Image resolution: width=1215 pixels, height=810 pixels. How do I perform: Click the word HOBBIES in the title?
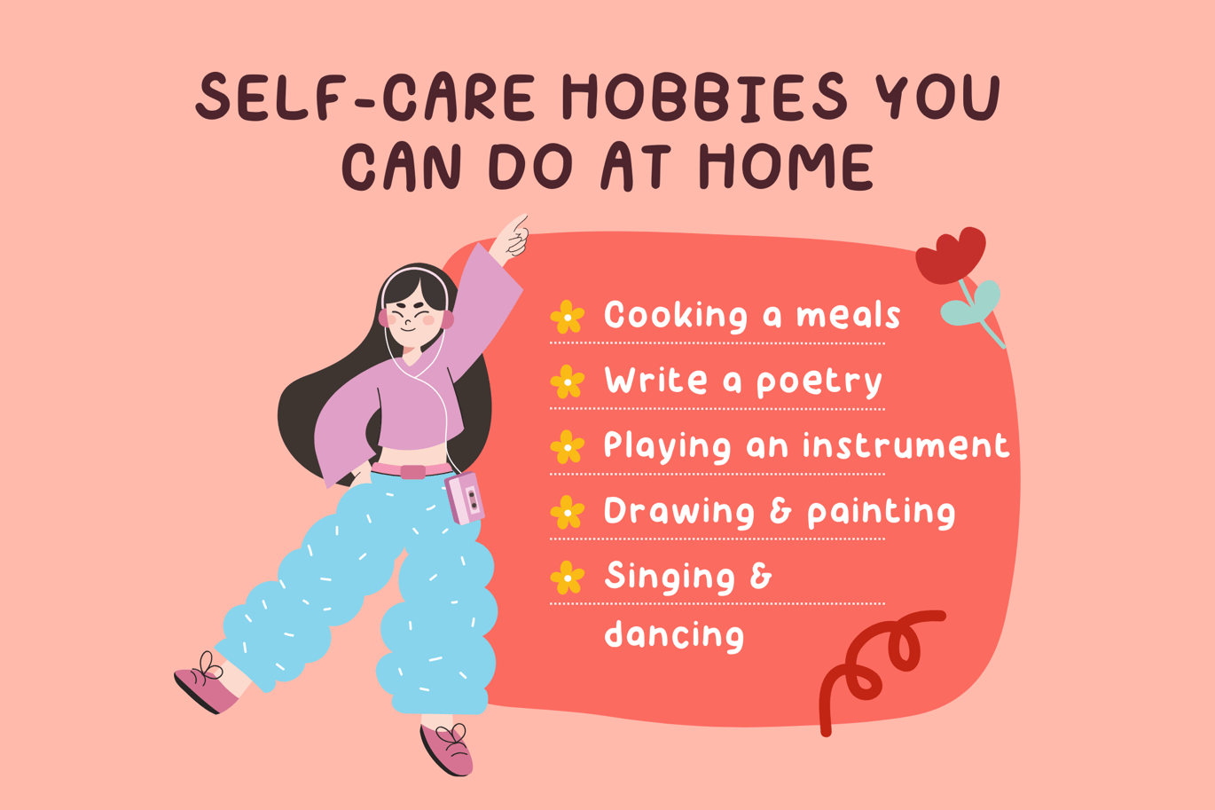704,97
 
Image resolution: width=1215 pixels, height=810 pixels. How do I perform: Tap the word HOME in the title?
786,166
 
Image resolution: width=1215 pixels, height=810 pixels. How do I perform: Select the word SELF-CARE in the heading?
365,97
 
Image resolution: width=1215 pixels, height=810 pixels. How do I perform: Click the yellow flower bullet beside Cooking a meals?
568,317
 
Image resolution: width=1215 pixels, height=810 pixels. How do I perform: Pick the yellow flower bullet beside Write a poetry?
568,381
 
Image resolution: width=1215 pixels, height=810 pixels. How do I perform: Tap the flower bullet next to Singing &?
568,578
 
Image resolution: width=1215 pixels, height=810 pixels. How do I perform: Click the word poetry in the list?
819,382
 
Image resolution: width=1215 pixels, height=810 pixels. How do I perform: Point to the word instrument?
905,445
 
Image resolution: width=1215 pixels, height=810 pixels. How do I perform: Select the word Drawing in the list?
679,512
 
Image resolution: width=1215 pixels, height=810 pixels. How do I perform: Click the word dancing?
674,633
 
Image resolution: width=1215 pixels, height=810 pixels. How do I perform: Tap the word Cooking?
676,315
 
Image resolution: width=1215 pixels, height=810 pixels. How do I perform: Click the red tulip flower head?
951,256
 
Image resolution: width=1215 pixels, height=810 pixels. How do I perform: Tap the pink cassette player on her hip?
465,498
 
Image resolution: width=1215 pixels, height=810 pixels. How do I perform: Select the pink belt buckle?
412,472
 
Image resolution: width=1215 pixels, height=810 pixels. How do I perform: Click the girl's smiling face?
413,318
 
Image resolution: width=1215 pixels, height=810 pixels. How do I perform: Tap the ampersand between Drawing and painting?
780,511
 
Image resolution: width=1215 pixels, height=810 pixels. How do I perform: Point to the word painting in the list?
881,512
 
